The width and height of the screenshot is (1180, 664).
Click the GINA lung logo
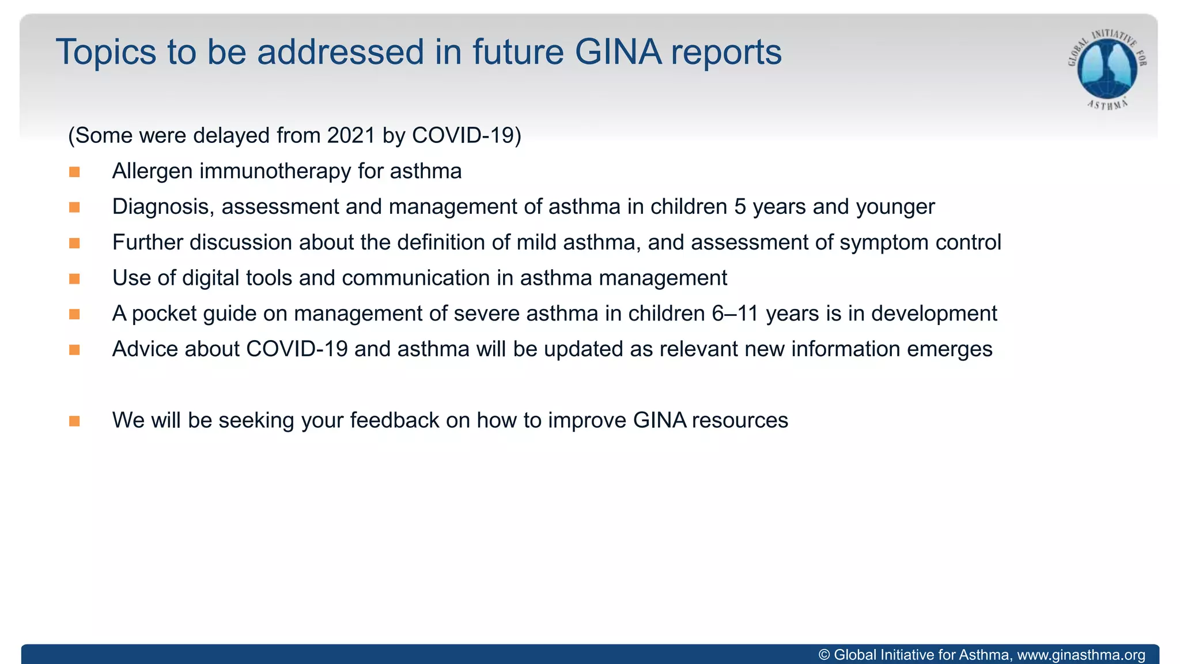coord(1107,68)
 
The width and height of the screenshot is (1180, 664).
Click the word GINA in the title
coord(618,52)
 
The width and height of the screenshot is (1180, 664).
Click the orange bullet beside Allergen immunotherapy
coord(74,172)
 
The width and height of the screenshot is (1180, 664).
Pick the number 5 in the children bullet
coord(740,207)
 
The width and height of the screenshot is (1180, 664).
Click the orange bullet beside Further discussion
coord(74,243)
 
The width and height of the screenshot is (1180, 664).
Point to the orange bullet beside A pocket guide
coord(74,314)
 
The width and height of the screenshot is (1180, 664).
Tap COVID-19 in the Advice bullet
coord(297,349)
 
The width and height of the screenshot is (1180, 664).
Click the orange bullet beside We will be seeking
coord(74,421)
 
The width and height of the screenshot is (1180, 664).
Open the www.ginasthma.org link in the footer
coord(1081,655)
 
